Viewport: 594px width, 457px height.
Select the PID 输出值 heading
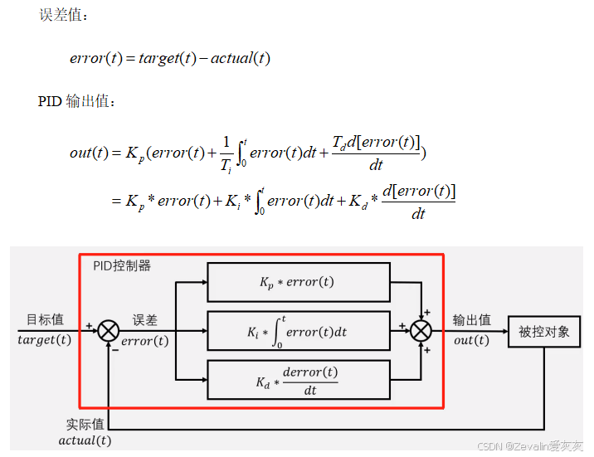tap(78, 102)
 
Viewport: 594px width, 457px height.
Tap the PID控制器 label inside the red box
tap(122, 266)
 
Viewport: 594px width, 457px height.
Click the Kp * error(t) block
tap(298, 282)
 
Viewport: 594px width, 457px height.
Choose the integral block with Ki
tap(298, 331)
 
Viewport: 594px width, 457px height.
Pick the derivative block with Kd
tap(298, 380)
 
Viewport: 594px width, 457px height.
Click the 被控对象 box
tap(544, 332)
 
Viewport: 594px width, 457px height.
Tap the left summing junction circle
tap(109, 332)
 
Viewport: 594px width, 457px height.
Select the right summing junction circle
tap(421, 332)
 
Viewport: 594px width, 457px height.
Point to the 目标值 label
tap(45, 320)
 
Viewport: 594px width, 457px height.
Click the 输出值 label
tap(471, 320)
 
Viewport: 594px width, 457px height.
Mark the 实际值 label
tap(84, 425)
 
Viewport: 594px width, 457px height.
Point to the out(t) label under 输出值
tap(471, 340)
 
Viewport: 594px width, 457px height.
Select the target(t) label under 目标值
tap(45, 340)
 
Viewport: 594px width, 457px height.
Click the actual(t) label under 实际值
tap(84, 440)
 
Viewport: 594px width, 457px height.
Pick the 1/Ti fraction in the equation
tap(226, 152)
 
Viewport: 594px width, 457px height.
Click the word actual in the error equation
tap(231, 58)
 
